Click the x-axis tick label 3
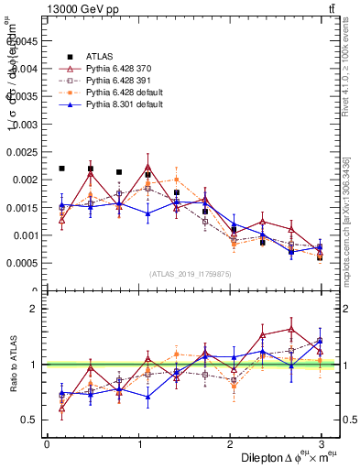pos(321,445)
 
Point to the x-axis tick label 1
pos(138,445)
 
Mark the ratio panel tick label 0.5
pos(30,420)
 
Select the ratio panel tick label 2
pos(34,309)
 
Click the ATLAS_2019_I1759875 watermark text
pos(190,275)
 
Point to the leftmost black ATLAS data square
pos(61,169)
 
